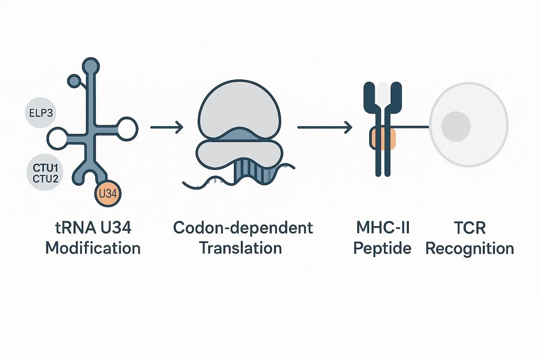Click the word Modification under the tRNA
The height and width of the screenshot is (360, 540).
coord(93,248)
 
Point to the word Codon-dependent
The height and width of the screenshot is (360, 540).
coord(243,228)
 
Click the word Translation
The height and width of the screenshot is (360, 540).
coord(240,248)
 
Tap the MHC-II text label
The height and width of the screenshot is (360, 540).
coord(382,228)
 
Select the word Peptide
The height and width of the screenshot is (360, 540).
coord(382,248)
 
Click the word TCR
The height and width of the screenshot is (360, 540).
coord(470,228)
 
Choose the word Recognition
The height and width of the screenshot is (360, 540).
coord(470,248)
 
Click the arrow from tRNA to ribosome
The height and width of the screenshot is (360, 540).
coord(167,126)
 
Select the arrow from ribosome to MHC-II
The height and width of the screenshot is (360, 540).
coord(325,126)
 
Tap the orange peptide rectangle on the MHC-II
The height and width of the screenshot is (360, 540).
coord(383,139)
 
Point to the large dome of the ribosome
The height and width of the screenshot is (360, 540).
coord(240,107)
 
